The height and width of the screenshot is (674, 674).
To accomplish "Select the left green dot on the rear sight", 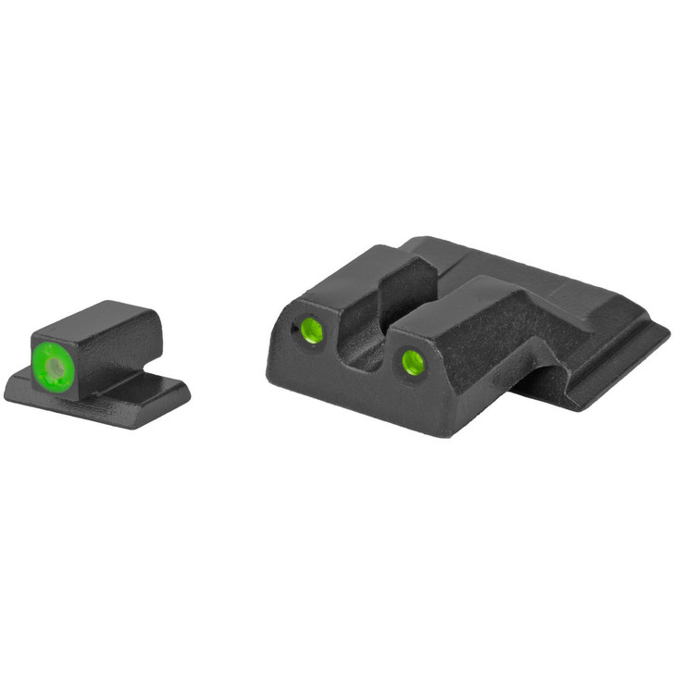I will pyautogui.click(x=313, y=330).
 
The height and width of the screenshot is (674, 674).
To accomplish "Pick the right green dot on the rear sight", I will pyautogui.click(x=412, y=361).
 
